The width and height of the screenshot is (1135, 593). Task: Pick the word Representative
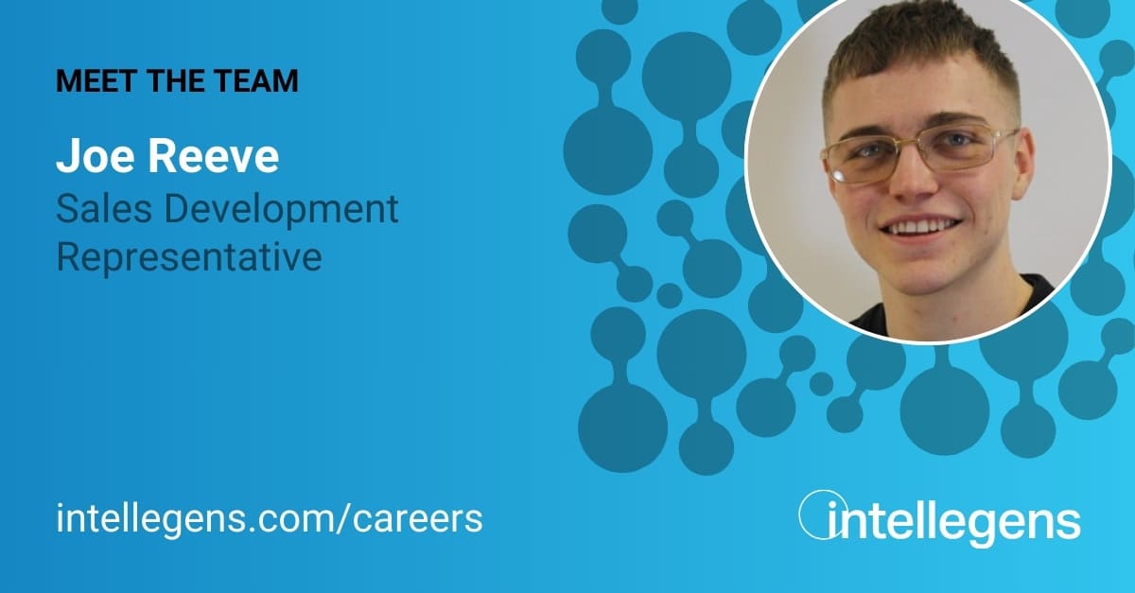[189, 255]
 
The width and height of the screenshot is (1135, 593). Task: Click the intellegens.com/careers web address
[270, 517]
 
